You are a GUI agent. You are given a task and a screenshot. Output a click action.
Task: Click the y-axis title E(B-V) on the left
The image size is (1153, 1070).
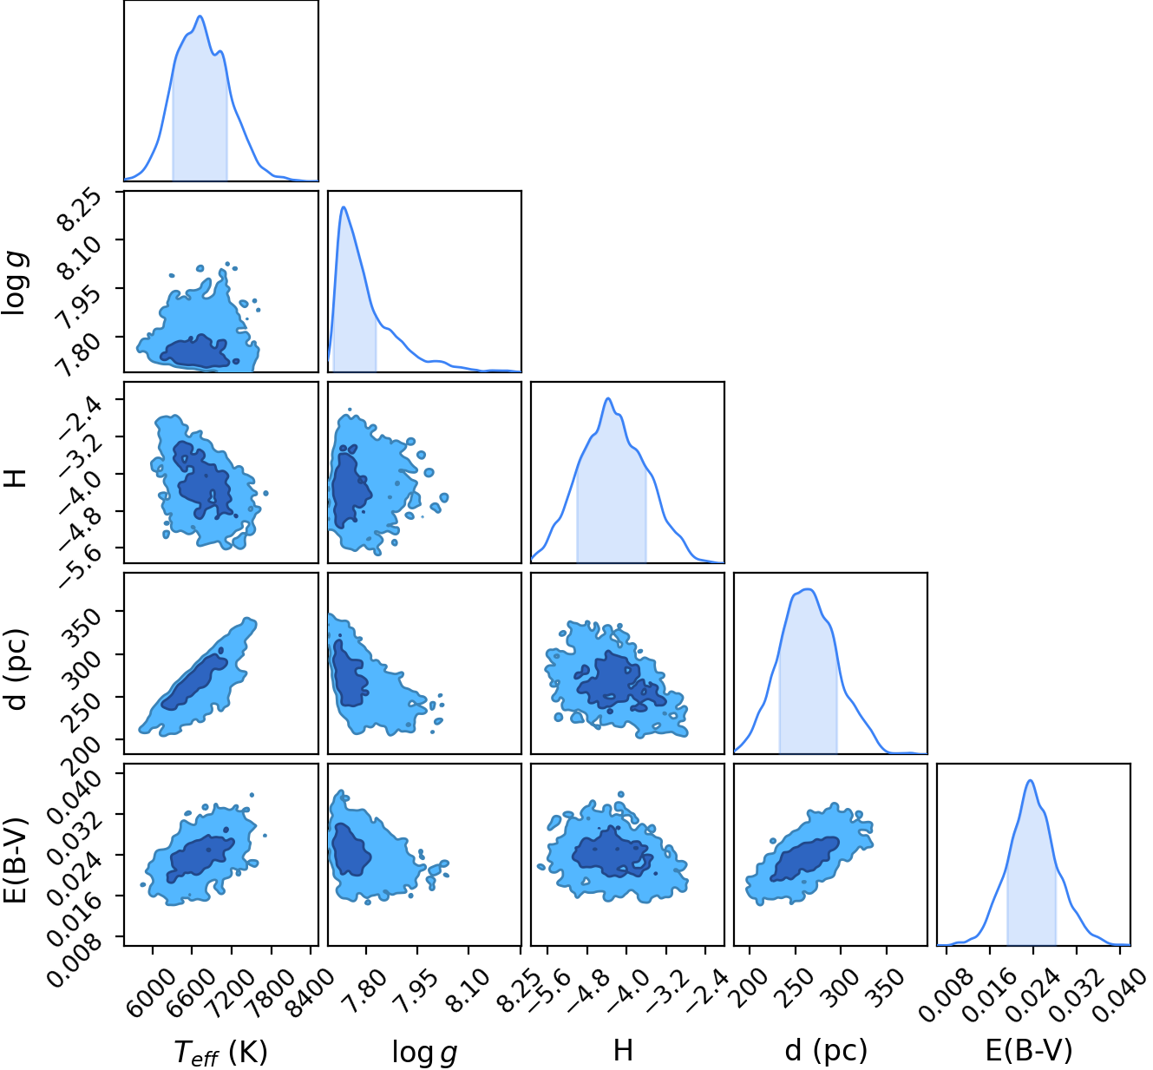click(16, 861)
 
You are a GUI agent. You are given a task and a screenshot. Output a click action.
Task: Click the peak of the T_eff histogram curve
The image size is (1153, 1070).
click(200, 16)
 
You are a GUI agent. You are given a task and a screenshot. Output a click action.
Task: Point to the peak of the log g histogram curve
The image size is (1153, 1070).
click(344, 207)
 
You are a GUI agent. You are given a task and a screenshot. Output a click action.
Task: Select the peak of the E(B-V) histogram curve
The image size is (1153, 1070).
click(1031, 780)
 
